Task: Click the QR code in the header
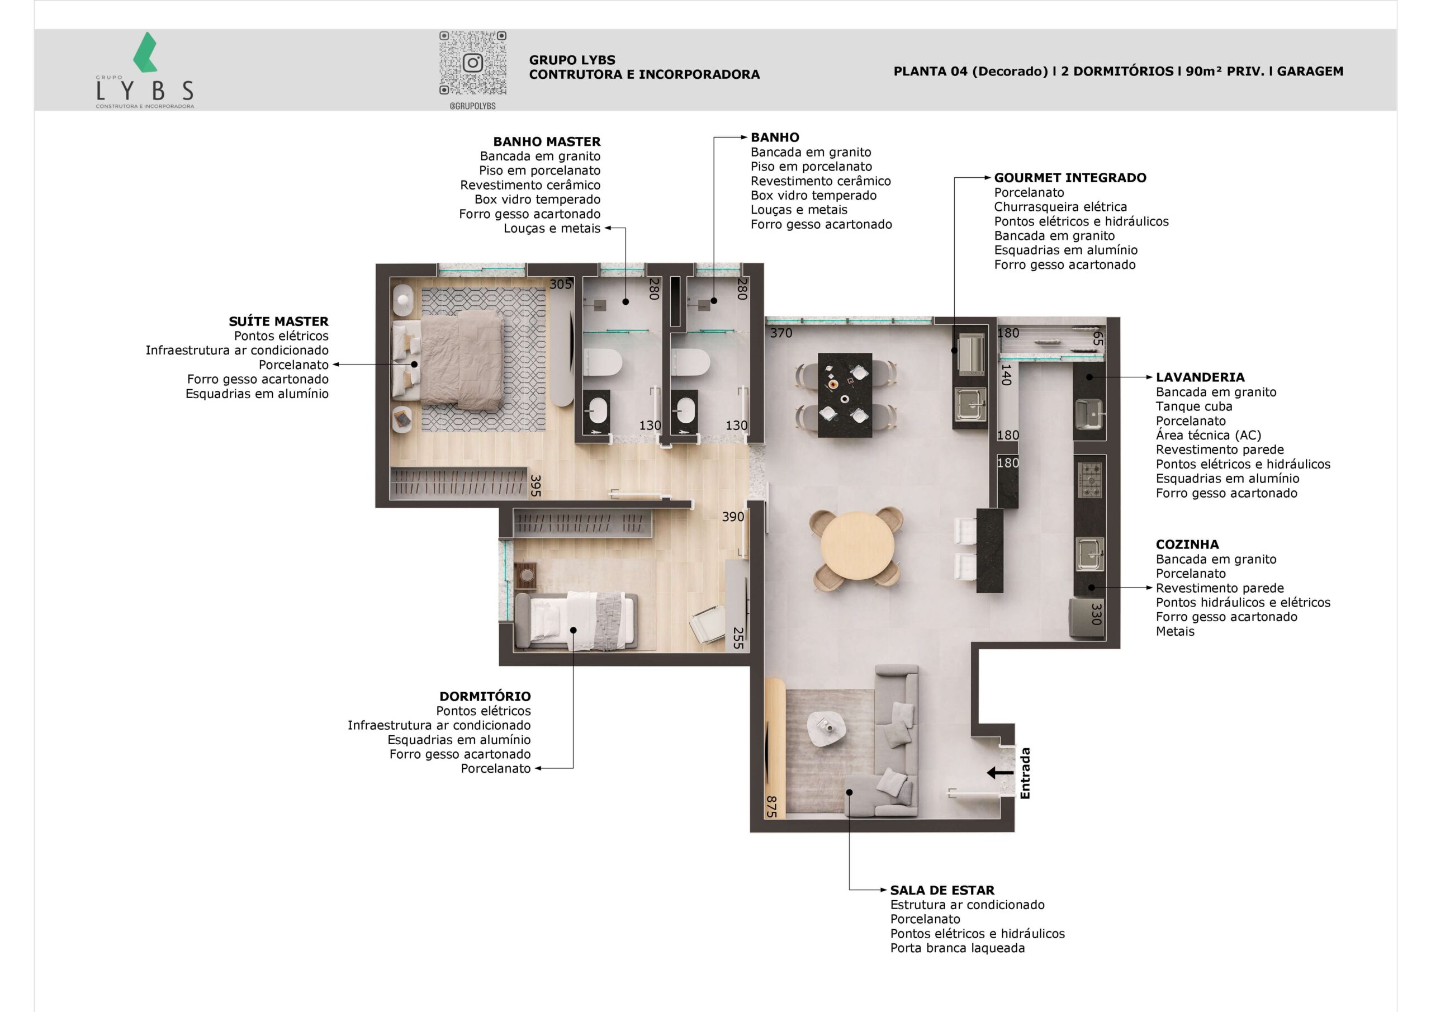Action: pyautogui.click(x=472, y=63)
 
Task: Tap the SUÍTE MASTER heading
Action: pyautogui.click(x=278, y=321)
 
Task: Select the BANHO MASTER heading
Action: pyautogui.click(x=547, y=141)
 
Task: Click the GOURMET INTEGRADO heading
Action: pyautogui.click(x=1069, y=178)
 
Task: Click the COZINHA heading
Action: pyautogui.click(x=1187, y=545)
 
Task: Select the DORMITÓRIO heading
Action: pyautogui.click(x=485, y=696)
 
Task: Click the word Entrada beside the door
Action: pyautogui.click(x=1025, y=773)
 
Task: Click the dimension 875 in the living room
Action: pyautogui.click(x=771, y=806)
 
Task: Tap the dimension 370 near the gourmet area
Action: pyautogui.click(x=781, y=333)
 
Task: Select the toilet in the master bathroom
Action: pyautogui.click(x=603, y=362)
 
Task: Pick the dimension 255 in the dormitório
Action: pyautogui.click(x=738, y=638)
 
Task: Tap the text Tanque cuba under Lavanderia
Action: pyautogui.click(x=1193, y=406)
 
